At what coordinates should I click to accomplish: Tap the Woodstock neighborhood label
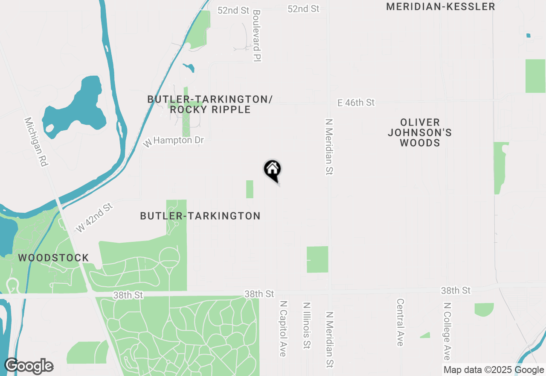click(x=53, y=258)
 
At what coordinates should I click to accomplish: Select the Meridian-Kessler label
click(x=441, y=7)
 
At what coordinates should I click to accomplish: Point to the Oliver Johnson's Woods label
click(x=420, y=132)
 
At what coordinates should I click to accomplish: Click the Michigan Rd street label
click(x=37, y=142)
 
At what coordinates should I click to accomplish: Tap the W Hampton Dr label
click(x=174, y=141)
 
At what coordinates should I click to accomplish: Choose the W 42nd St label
click(x=94, y=218)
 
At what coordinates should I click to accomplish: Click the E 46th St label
click(x=356, y=103)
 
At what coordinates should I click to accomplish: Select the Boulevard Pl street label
click(x=256, y=36)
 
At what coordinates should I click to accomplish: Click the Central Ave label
click(x=400, y=322)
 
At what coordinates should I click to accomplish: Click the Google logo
click(x=29, y=366)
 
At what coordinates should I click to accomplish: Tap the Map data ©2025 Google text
click(x=494, y=370)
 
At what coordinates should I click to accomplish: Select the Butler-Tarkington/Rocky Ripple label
click(x=210, y=104)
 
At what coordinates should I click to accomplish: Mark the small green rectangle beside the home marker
click(x=250, y=189)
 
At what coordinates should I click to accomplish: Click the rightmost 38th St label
click(x=456, y=291)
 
